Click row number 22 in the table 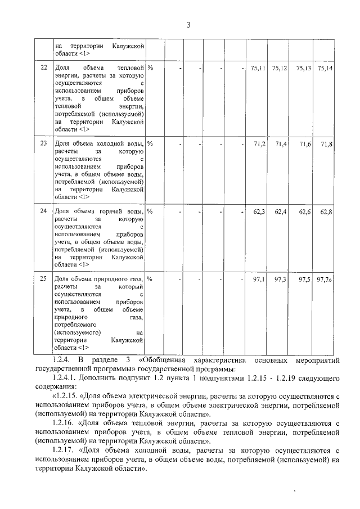[44, 68]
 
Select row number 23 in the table [44, 144]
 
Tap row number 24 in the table [44, 211]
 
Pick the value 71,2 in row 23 [260, 145]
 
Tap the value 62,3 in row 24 [260, 212]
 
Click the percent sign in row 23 [150, 144]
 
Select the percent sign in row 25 [150, 279]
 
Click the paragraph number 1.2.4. [60, 359]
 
